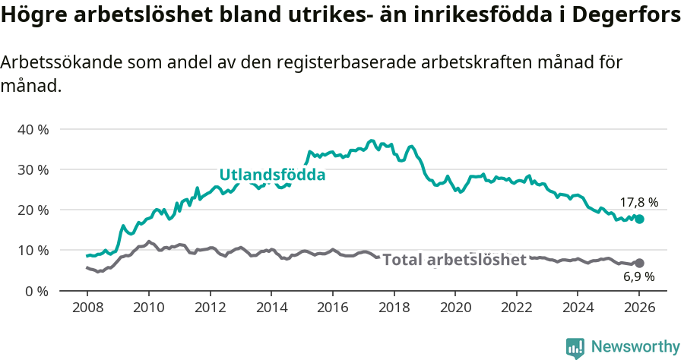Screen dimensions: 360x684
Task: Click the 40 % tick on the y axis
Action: click(33, 129)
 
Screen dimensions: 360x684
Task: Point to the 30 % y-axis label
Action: click(33, 169)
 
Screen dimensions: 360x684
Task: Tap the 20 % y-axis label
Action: click(33, 210)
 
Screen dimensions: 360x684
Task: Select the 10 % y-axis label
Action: click(33, 250)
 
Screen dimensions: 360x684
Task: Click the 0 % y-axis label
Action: click(36, 290)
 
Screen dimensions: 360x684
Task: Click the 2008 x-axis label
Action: click(87, 308)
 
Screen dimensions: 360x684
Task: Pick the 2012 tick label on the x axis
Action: click(210, 308)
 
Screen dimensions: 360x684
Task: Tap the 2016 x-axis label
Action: click(332, 308)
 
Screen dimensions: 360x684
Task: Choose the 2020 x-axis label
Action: click(455, 308)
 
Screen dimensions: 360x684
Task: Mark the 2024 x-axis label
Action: click(578, 308)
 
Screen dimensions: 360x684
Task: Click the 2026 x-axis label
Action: click(639, 308)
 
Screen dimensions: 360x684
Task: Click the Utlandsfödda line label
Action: click(272, 175)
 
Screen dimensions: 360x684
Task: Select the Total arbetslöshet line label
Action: click(454, 260)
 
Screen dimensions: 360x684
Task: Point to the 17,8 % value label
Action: click(638, 203)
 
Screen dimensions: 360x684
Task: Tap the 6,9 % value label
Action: click(638, 277)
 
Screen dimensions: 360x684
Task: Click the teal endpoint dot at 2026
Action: click(639, 219)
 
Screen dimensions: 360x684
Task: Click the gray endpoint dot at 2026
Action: click(639, 263)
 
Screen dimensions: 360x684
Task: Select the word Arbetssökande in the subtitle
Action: click(62, 64)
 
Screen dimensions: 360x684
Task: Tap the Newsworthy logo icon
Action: click(575, 347)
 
